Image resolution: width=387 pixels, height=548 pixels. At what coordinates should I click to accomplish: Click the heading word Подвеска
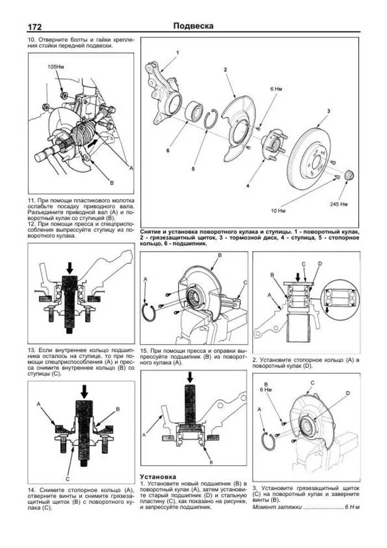coord(193,25)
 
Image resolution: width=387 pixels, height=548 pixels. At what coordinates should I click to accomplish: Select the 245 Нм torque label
coord(338,204)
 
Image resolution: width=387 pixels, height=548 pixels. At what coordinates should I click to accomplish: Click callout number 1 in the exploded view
coord(177,52)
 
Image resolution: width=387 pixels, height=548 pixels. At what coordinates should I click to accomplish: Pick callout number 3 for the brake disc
coord(328,111)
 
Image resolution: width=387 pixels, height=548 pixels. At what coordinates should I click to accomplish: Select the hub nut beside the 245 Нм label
coord(349,176)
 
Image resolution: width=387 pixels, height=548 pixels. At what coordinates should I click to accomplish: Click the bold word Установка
coord(158,476)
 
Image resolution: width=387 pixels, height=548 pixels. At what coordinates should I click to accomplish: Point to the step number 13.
coord(32,351)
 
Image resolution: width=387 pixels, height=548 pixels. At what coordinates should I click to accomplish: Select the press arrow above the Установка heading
coord(190,378)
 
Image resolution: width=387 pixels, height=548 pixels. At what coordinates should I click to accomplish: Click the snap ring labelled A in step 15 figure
coord(148,312)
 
